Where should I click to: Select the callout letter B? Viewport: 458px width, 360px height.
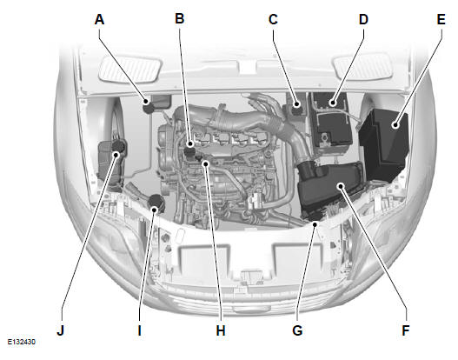tap(180, 17)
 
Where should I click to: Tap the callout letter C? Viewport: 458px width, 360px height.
tap(273, 17)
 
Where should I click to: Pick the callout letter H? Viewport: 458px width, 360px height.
tap(221, 330)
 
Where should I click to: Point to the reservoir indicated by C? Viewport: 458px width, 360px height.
tap(297, 114)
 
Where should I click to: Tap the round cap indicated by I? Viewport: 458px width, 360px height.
tap(156, 205)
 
